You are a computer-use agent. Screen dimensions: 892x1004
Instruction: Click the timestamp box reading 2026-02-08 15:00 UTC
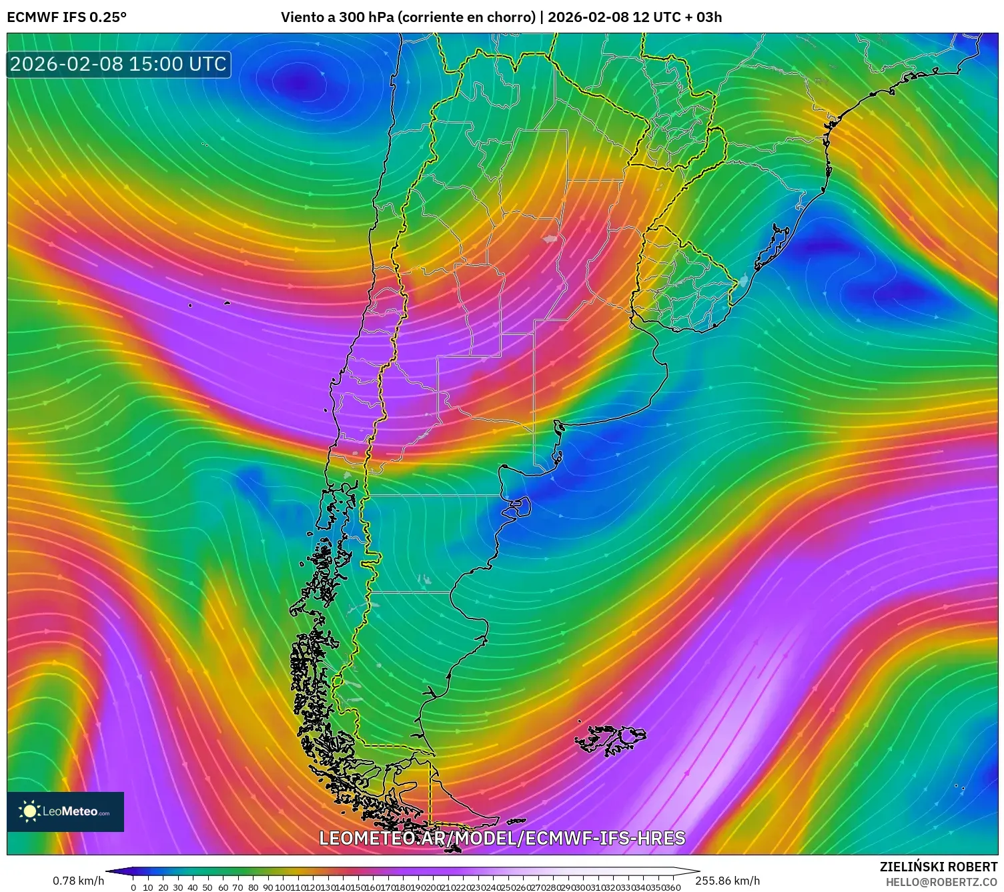click(119, 64)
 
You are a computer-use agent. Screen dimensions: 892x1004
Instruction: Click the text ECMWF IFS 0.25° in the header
click(67, 17)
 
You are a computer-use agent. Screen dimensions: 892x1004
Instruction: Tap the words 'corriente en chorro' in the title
click(466, 17)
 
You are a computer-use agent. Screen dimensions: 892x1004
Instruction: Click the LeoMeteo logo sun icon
click(29, 811)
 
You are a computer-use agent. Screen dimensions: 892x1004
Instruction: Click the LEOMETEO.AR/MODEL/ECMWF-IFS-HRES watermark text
click(502, 838)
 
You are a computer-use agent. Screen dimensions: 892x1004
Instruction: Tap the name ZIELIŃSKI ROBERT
click(939, 867)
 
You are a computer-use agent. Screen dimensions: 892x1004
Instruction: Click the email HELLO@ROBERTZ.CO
click(941, 882)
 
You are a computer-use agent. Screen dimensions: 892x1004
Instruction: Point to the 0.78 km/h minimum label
click(78, 881)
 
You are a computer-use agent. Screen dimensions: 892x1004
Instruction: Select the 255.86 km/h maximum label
click(727, 881)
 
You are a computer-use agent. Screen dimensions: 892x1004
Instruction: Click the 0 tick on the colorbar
click(133, 887)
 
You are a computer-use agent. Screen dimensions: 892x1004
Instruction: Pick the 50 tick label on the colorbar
click(207, 887)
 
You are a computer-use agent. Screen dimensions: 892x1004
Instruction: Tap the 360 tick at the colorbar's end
click(672, 887)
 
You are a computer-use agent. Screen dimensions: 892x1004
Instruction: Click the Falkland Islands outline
click(612, 739)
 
